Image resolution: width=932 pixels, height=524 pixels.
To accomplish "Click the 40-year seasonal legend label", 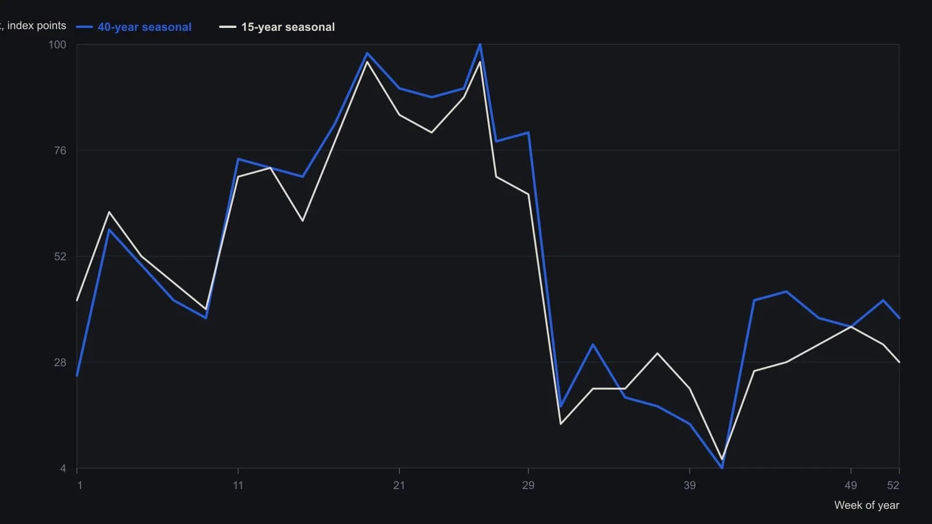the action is (x=144, y=27).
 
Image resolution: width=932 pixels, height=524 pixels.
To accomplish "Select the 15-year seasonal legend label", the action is (x=288, y=27).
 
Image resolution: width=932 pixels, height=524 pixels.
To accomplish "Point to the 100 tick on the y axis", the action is (x=58, y=44).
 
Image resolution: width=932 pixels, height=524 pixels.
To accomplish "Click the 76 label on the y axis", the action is (x=61, y=151).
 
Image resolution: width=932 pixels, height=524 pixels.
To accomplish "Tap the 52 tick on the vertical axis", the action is (x=61, y=257).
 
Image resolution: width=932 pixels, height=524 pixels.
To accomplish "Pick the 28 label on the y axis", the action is (x=61, y=363).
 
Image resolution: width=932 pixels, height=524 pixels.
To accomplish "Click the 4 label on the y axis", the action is (x=63, y=469).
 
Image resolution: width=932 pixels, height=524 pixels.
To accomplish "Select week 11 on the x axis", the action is (x=238, y=486).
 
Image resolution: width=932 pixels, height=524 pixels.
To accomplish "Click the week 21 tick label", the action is (x=399, y=486).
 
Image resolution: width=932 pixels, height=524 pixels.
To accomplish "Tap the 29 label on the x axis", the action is (x=528, y=486).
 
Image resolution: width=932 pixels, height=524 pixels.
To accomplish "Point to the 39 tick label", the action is (x=690, y=486).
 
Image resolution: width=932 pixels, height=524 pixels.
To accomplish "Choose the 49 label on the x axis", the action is (x=851, y=486).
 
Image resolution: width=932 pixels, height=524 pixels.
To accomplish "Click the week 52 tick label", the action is (x=894, y=486).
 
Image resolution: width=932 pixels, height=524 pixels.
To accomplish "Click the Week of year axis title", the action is (x=867, y=505).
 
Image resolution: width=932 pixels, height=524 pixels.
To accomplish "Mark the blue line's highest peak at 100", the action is (x=480, y=44).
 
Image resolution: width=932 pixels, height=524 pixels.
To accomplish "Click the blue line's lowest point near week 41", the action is (x=722, y=468).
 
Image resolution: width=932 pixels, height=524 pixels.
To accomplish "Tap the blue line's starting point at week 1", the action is (x=77, y=376).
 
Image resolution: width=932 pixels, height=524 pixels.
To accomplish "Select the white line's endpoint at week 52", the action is (x=899, y=362).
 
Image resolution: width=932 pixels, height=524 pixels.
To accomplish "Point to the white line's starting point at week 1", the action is (x=77, y=300).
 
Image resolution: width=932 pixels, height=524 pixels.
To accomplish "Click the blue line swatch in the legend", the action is (x=84, y=27).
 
